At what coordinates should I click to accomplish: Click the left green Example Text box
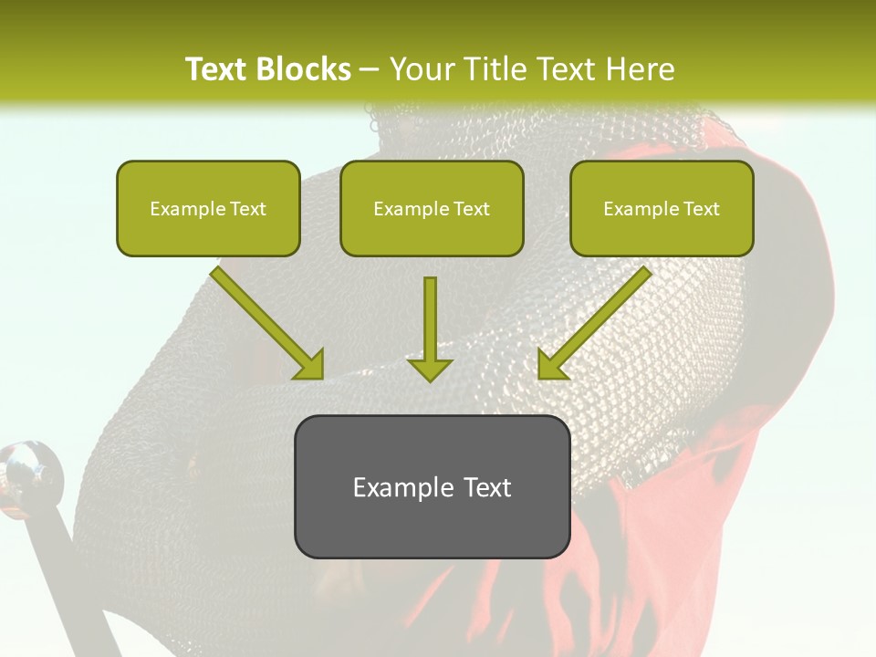coord(208,208)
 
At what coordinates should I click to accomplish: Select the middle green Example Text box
coord(432,208)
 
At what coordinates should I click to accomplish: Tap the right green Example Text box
coord(662,208)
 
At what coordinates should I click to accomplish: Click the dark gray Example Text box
coord(432,486)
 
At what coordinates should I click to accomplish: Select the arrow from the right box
coord(599,318)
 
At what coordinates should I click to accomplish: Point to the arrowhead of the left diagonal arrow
coord(310,365)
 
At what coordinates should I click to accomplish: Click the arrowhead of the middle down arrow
coord(430,368)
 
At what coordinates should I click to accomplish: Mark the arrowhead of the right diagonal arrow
coord(551,365)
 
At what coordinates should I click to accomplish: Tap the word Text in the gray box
coord(487,487)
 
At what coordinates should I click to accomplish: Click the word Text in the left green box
coord(248,209)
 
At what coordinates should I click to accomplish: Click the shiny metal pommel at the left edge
coord(27,470)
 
